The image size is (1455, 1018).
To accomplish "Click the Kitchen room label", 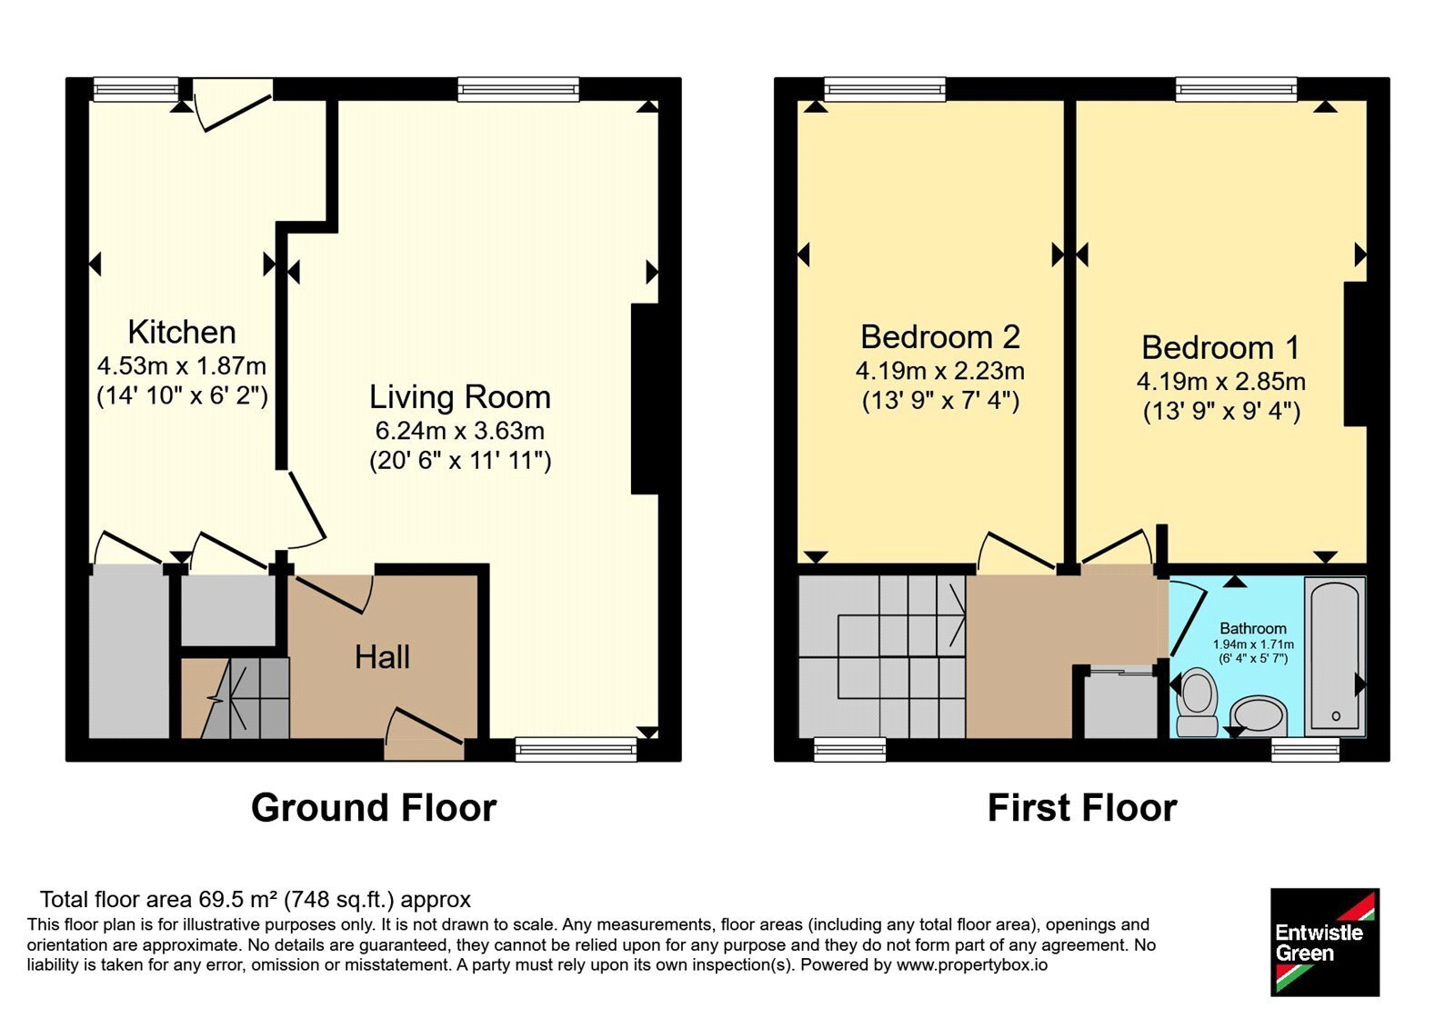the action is (x=182, y=333).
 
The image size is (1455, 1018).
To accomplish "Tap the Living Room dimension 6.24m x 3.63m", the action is (x=460, y=431).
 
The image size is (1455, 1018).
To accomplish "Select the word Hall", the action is (x=382, y=657).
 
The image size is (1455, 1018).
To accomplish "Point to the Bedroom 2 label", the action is (x=940, y=337).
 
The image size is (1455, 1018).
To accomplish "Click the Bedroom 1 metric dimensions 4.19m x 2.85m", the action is (x=1221, y=381).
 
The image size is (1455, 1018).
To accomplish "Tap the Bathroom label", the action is (x=1253, y=628).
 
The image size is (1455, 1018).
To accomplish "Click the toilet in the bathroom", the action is (x=1197, y=704).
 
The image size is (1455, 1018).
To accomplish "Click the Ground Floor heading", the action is (x=374, y=808).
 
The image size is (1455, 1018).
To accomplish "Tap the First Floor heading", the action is (x=1082, y=808).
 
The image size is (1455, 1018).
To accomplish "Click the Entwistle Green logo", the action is (x=1325, y=942).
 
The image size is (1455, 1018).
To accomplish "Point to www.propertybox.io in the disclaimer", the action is (x=972, y=964).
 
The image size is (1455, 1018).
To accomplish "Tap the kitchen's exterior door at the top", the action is (x=232, y=104).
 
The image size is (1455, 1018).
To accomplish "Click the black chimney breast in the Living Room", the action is (x=645, y=399).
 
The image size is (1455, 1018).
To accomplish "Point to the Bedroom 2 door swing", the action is (x=1016, y=551).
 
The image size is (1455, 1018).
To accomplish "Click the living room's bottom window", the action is (x=577, y=749).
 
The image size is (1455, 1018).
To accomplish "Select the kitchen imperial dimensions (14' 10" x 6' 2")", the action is (x=182, y=395).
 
